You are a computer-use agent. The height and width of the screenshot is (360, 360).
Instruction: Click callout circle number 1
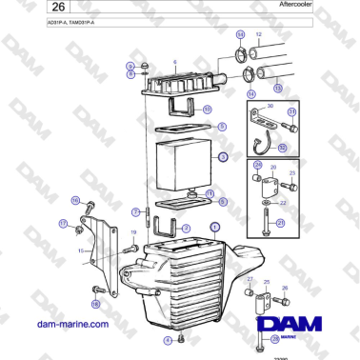pyautogui.click(x=215, y=228)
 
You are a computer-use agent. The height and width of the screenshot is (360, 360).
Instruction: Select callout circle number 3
pyautogui.click(x=222, y=157)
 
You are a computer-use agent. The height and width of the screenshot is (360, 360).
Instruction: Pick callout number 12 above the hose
pyautogui.click(x=259, y=34)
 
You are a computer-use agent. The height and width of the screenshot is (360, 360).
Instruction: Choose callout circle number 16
pyautogui.click(x=75, y=200)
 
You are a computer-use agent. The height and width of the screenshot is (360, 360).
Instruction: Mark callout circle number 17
pyautogui.click(x=64, y=224)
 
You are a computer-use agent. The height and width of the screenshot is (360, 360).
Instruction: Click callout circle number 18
pyautogui.click(x=94, y=303)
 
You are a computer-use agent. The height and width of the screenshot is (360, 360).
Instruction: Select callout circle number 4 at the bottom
pyautogui.click(x=167, y=340)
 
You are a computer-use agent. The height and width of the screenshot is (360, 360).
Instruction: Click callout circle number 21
pyautogui.click(x=280, y=223)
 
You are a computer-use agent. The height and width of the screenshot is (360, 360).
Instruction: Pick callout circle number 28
pyautogui.click(x=275, y=338)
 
